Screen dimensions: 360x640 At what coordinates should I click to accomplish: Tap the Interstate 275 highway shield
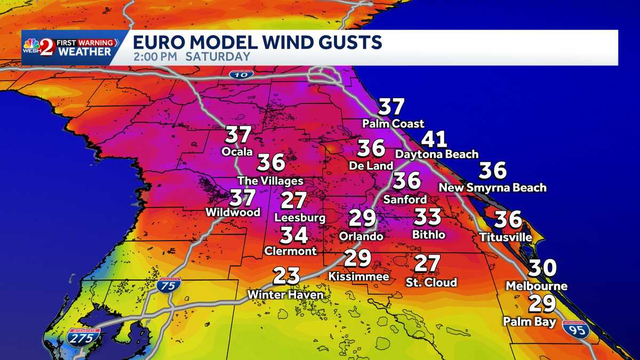pyautogui.click(x=84, y=338)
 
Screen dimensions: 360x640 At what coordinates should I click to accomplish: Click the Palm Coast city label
pyautogui.click(x=393, y=124)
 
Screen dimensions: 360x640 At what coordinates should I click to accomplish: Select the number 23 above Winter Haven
pyautogui.click(x=286, y=277)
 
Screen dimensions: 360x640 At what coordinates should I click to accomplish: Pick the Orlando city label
pyautogui.click(x=361, y=236)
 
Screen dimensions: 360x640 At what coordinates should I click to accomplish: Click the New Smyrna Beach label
pyautogui.click(x=492, y=188)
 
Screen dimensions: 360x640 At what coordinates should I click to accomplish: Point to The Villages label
pyautogui.click(x=270, y=181)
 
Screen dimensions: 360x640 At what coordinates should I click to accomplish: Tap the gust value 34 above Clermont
pyautogui.click(x=294, y=235)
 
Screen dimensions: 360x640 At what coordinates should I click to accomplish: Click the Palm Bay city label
pyautogui.click(x=530, y=322)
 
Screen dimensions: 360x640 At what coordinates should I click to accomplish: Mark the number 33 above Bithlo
pyautogui.click(x=428, y=217)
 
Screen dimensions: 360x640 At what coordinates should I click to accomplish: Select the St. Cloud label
pyautogui.click(x=431, y=282)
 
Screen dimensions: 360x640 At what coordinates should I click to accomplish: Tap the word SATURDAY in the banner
pyautogui.click(x=218, y=57)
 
